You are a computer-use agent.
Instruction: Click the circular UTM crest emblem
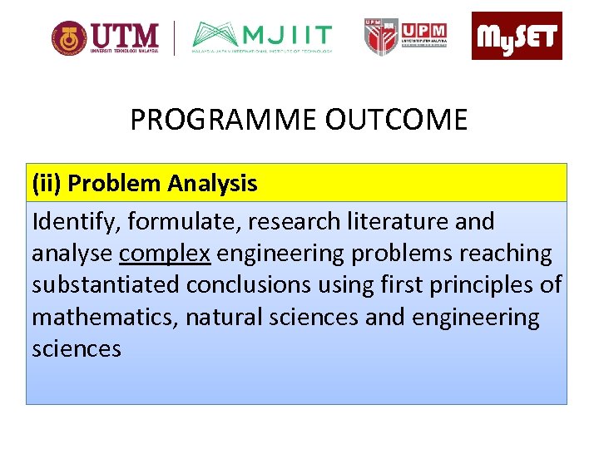(x=68, y=38)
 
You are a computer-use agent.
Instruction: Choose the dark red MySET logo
(x=517, y=37)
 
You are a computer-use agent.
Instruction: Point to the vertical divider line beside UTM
(x=175, y=38)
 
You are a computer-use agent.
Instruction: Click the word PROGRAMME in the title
(x=224, y=121)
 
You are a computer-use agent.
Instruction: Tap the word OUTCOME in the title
(x=396, y=121)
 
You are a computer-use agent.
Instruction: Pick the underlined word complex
(x=164, y=253)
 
